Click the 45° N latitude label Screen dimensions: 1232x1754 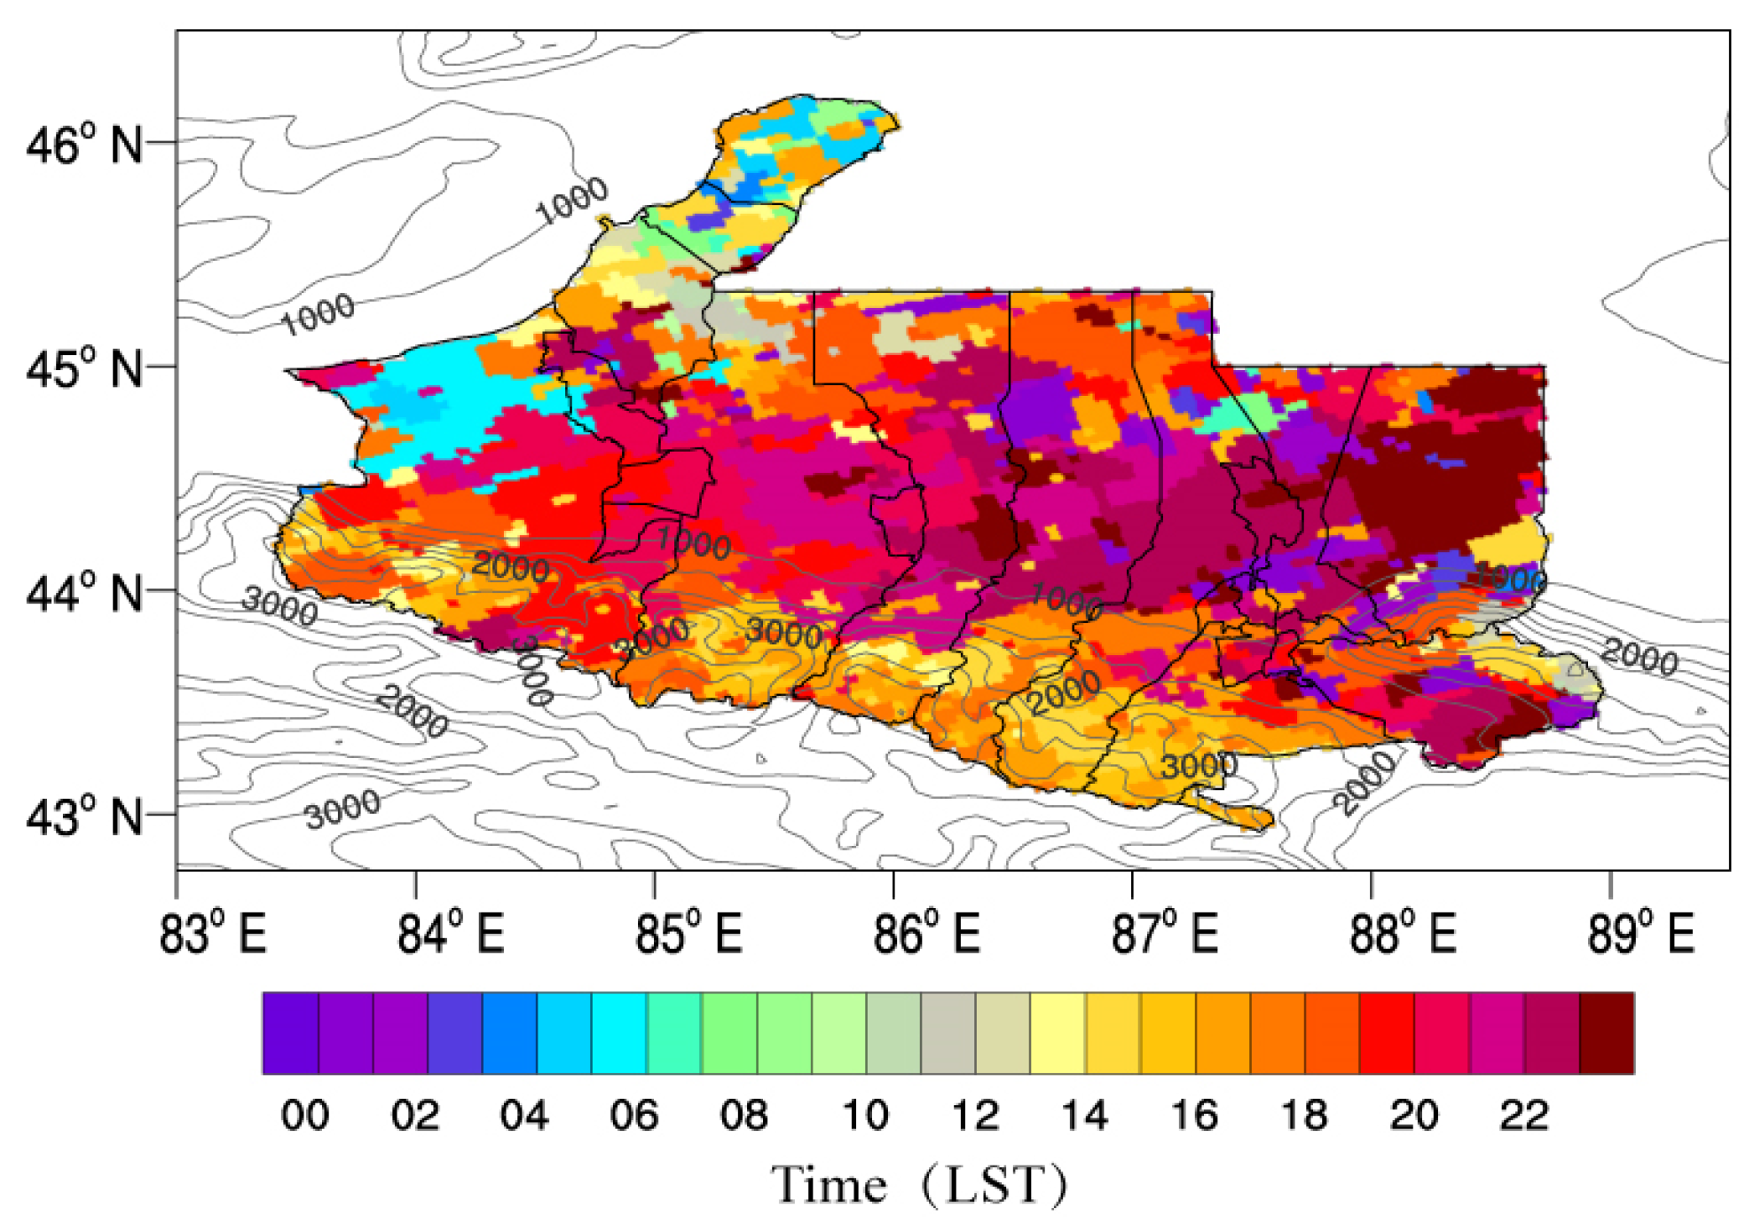(x=83, y=367)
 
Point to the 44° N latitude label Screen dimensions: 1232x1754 (x=83, y=592)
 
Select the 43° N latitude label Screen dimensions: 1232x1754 (x=83, y=817)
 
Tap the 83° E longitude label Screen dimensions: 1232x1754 (x=213, y=934)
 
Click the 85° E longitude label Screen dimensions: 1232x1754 (x=688, y=934)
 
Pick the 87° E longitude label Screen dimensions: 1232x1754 (x=1165, y=934)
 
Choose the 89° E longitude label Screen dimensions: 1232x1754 (x=1641, y=934)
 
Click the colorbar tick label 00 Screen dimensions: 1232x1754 (x=304, y=1115)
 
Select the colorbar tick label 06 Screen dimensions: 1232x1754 (x=633, y=1115)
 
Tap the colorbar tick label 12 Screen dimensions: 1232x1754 (x=975, y=1115)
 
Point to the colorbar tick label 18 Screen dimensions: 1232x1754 (x=1304, y=1115)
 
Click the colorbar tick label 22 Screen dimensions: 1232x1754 (x=1523, y=1115)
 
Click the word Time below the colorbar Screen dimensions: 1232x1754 (x=829, y=1185)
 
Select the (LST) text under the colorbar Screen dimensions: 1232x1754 (x=994, y=1185)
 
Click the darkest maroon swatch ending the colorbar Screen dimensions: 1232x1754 (x=1607, y=1033)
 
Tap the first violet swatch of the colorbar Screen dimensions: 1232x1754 (x=290, y=1033)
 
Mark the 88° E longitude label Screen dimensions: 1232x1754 (x=1403, y=934)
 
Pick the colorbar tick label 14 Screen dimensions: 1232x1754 (x=1084, y=1115)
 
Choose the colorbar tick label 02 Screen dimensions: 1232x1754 (x=414, y=1115)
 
